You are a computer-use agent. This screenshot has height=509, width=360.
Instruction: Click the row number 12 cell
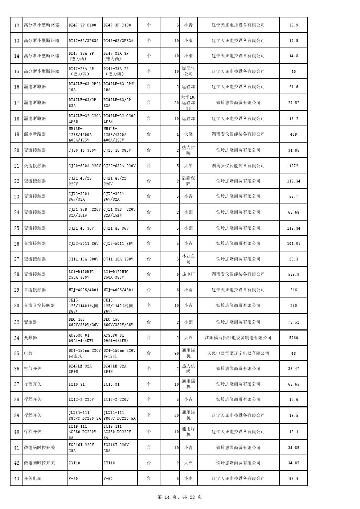tap(17, 25)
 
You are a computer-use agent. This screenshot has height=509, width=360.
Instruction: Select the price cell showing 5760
tap(294, 338)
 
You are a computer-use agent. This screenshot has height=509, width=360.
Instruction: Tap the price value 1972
tap(294, 166)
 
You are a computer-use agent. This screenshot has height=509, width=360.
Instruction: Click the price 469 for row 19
tap(294, 134)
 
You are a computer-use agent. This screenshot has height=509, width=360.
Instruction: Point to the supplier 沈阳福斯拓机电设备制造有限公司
tap(238, 338)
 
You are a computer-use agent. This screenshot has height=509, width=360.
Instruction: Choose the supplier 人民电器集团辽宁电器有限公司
tap(238, 353)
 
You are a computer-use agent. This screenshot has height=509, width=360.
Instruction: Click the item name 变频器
tap(30, 338)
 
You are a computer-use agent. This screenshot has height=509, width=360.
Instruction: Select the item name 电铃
tap(28, 353)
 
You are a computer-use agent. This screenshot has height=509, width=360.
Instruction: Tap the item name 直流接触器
tap(35, 290)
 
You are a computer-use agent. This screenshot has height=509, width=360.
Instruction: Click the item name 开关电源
tap(33, 479)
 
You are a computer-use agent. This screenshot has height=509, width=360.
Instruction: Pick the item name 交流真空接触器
tap(39, 305)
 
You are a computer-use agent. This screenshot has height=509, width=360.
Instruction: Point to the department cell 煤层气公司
tap(188, 71)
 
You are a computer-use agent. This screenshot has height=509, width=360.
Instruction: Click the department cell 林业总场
tap(188, 259)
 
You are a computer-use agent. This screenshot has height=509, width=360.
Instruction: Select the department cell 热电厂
tap(188, 274)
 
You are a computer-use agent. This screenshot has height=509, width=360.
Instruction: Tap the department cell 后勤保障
tap(188, 181)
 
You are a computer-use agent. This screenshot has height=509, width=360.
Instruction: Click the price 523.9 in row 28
tap(294, 274)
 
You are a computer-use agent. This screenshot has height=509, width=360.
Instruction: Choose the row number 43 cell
tap(17, 479)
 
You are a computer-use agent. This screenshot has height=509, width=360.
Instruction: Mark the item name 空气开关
tap(33, 369)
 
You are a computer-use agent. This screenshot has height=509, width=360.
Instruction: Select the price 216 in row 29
tap(294, 290)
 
